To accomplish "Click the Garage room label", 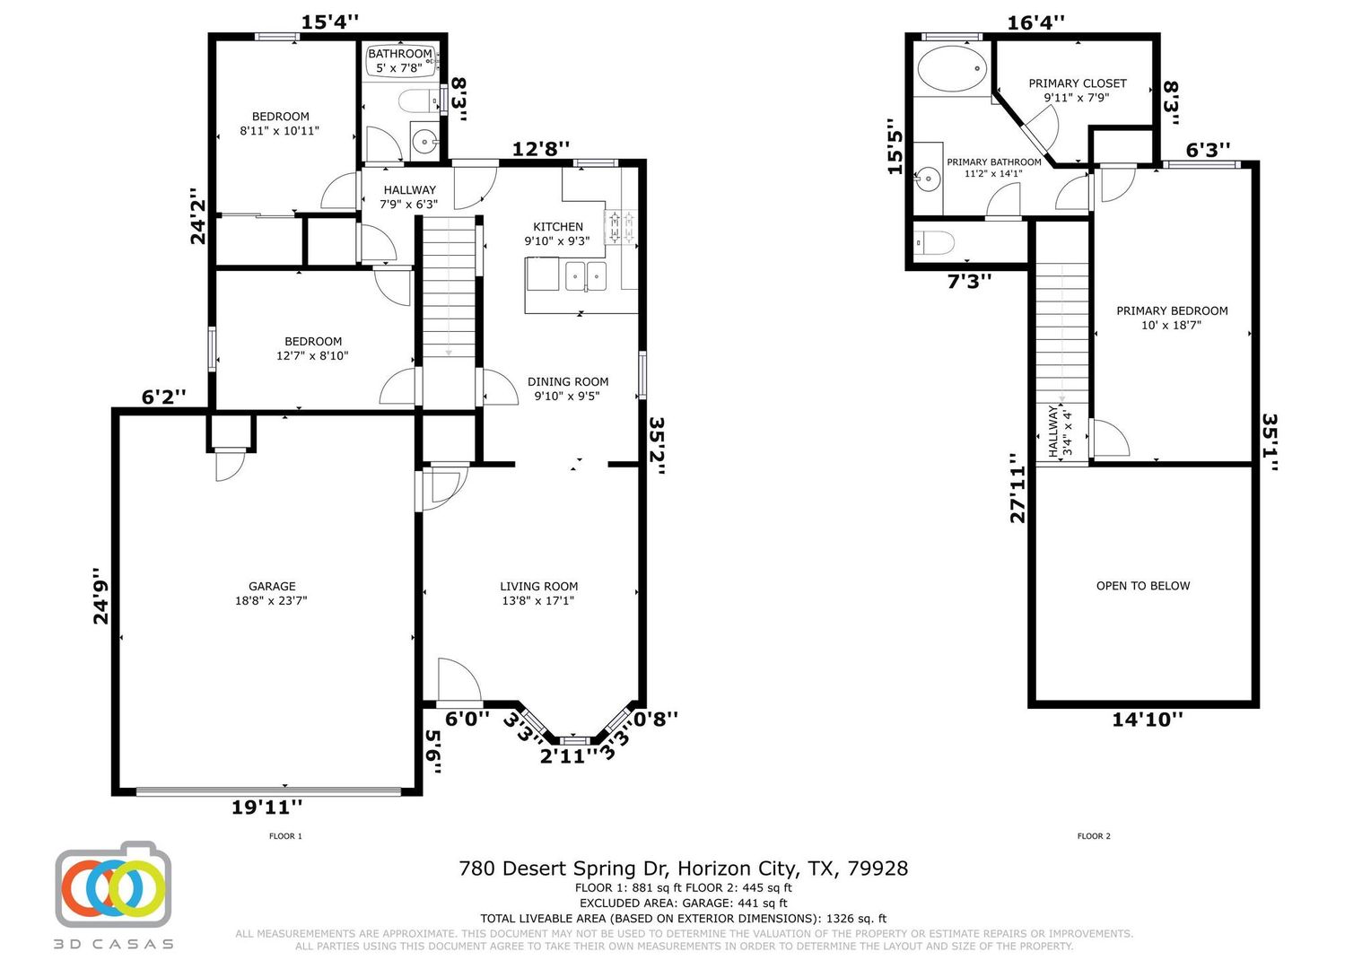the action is [x=271, y=593].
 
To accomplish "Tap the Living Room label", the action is [x=538, y=593].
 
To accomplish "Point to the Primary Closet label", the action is [x=1078, y=90].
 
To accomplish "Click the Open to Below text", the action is [x=1143, y=586].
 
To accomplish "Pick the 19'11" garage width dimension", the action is [x=266, y=807].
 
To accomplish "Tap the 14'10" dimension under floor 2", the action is [x=1147, y=720].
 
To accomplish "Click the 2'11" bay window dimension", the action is [x=569, y=756].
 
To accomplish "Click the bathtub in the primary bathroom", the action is [x=952, y=68].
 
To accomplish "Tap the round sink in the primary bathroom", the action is [x=928, y=179].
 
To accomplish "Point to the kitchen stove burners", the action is [x=620, y=226].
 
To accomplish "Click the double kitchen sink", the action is [x=586, y=276].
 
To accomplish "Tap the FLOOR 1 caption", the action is [x=286, y=836].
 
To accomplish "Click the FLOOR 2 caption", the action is [x=1094, y=836].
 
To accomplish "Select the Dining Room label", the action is [x=567, y=388].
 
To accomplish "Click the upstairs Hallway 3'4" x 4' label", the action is [x=1060, y=431].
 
